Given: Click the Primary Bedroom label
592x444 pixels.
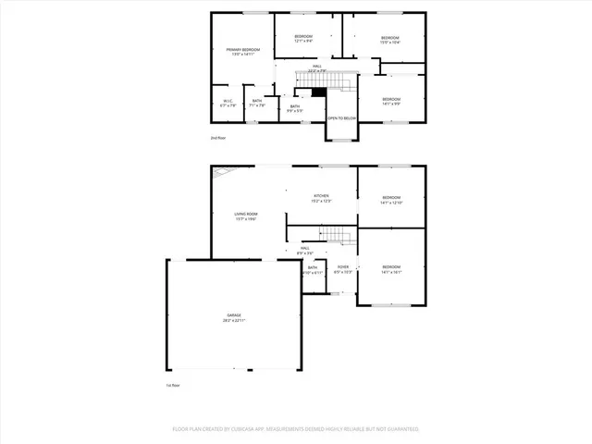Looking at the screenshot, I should [245, 52].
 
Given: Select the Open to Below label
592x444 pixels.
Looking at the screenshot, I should [340, 118].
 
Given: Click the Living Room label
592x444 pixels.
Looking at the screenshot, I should [245, 216].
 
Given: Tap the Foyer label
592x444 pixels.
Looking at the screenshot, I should [342, 268].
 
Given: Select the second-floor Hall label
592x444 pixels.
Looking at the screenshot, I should [316, 68].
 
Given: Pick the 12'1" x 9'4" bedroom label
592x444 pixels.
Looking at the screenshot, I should [303, 39].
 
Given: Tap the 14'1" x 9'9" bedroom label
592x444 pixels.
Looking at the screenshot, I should [391, 101].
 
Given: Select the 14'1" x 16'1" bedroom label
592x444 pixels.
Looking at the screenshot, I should [391, 269].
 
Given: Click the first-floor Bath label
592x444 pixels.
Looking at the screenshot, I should [313, 270].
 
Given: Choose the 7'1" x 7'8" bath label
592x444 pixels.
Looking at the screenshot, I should [257, 104].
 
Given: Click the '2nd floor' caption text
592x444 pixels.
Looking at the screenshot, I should [217, 138].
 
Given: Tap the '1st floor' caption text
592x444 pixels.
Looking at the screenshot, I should [172, 385].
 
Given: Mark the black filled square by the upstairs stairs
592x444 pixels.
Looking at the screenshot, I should [319, 91].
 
